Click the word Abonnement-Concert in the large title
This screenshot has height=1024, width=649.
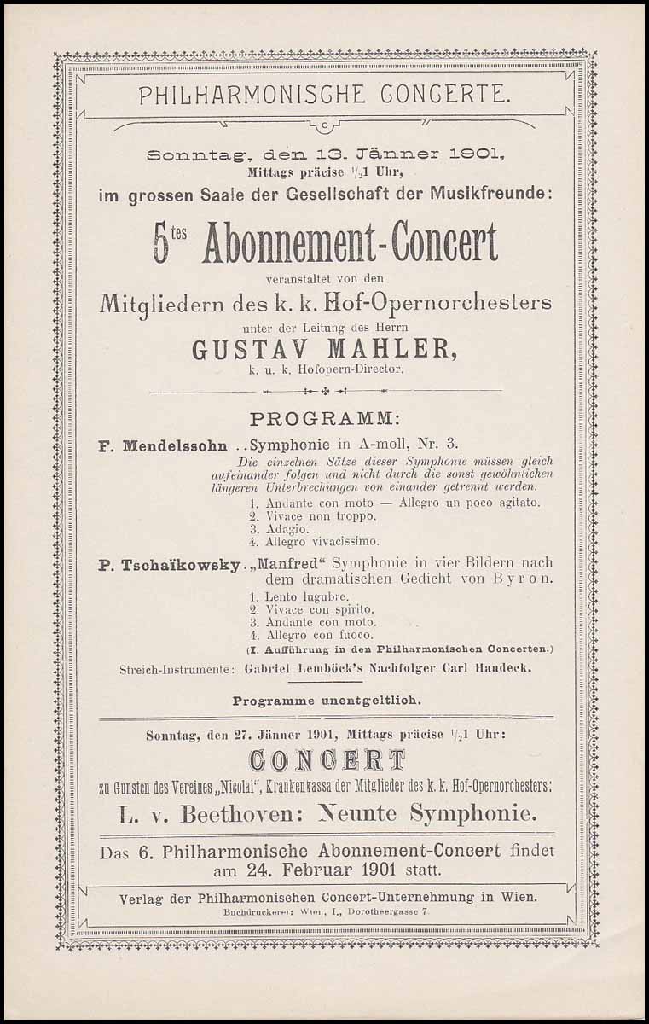tap(350, 244)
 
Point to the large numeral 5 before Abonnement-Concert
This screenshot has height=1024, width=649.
tap(161, 245)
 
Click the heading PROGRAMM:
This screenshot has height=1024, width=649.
tap(324, 420)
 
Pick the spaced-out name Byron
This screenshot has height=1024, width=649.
tap(524, 579)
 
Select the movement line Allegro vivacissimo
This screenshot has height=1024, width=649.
tap(310, 541)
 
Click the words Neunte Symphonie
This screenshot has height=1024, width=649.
tap(427, 814)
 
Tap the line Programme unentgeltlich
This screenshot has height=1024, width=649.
tap(325, 700)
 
